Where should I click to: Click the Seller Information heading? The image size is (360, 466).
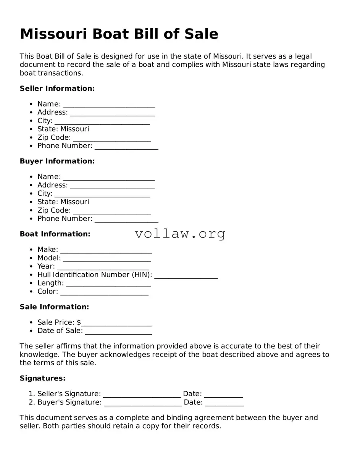pos(57,89)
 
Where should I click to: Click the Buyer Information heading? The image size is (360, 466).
pos(57,161)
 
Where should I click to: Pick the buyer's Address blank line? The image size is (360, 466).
pos(112,186)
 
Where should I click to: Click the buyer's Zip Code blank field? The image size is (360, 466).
pos(111,211)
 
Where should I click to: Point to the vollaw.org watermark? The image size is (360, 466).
pos(180,234)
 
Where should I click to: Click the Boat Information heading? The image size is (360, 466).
pos(55,234)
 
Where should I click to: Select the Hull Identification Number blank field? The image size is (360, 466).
pos(186,276)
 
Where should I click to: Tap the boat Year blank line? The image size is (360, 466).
pos(103,267)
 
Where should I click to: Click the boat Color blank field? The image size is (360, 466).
pos(104,292)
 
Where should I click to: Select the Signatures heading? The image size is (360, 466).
pos(42,378)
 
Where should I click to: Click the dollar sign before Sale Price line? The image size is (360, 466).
pos(79,322)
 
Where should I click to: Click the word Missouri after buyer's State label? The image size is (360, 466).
pos(74,202)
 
